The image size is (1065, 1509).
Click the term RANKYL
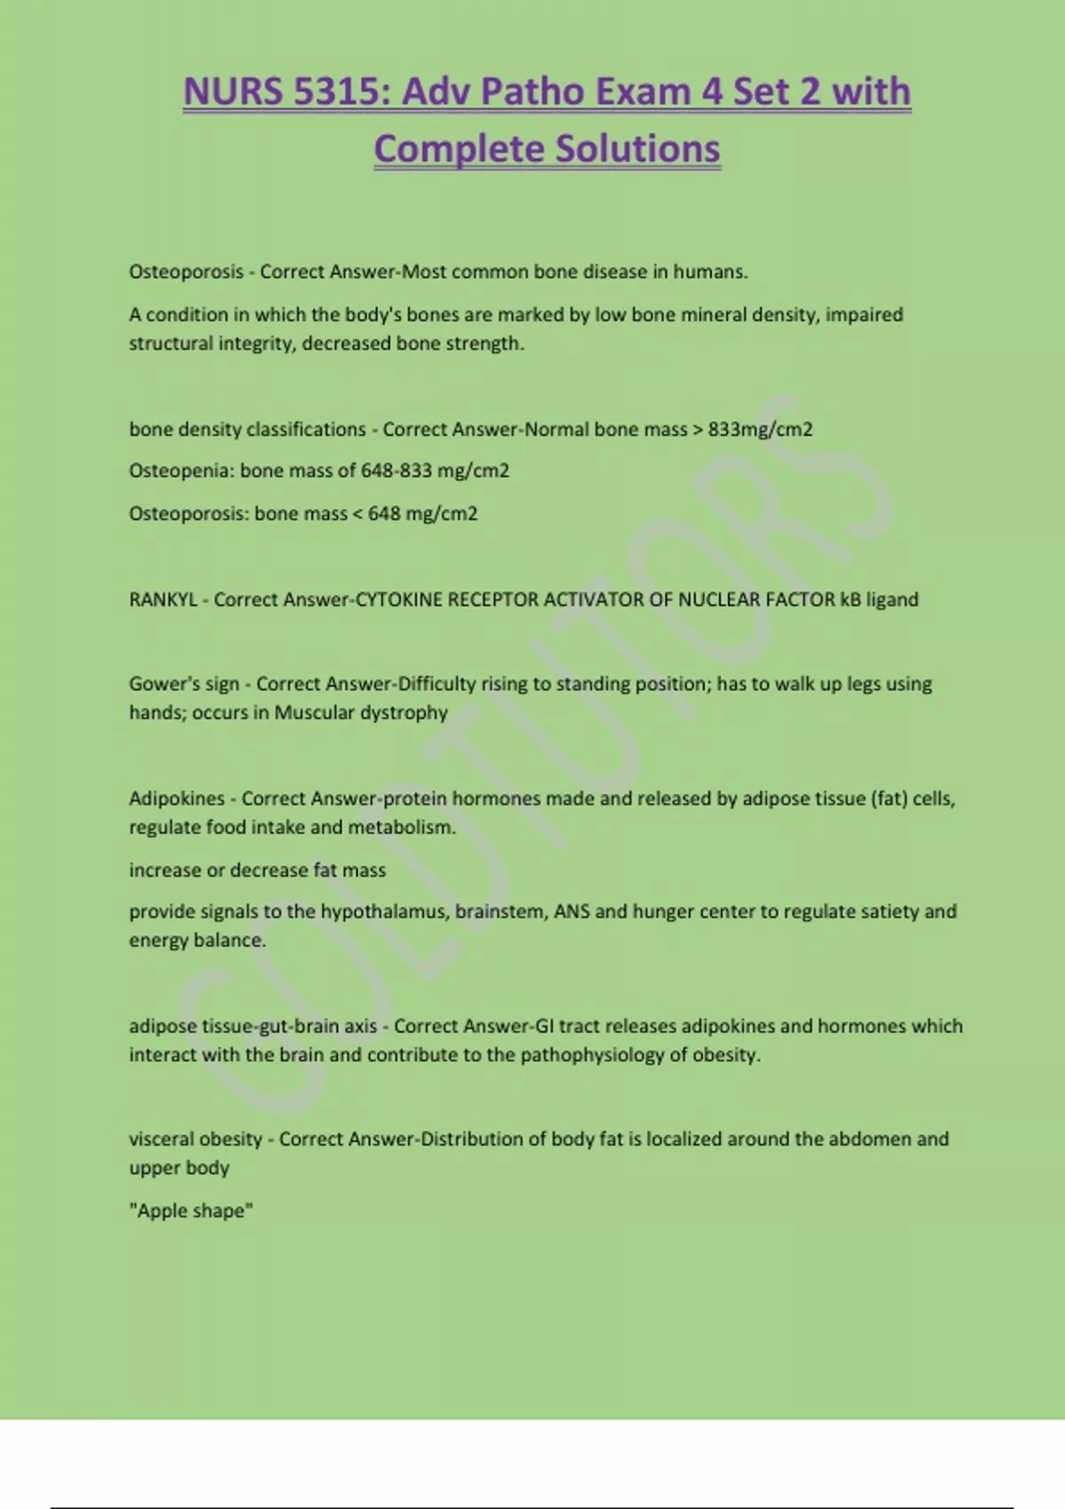click(163, 599)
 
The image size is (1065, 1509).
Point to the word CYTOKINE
click(398, 599)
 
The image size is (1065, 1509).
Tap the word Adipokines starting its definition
click(177, 798)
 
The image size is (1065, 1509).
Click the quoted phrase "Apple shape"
click(191, 1211)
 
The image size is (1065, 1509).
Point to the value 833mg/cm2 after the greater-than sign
click(761, 429)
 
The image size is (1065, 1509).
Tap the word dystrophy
click(404, 713)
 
